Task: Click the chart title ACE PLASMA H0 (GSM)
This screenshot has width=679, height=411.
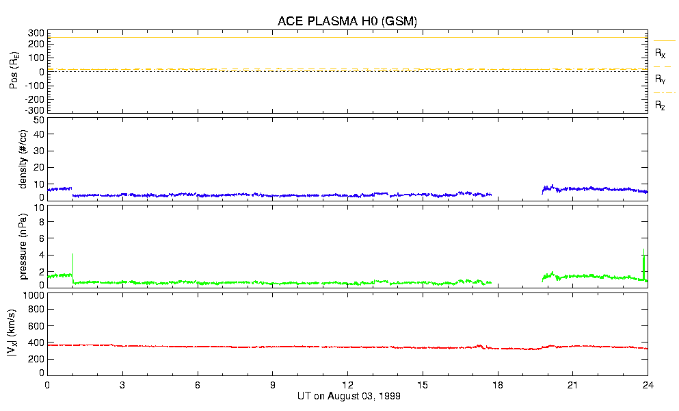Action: pyautogui.click(x=347, y=21)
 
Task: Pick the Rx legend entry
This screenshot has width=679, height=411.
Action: pyautogui.click(x=660, y=53)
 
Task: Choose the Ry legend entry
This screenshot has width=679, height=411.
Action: pyautogui.click(x=660, y=79)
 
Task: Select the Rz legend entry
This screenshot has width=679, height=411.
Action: pyautogui.click(x=660, y=105)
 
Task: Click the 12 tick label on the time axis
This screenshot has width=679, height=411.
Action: pyautogui.click(x=347, y=385)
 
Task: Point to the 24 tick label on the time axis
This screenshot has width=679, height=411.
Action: pyautogui.click(x=648, y=385)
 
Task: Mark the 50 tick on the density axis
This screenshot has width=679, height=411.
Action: pyautogui.click(x=38, y=120)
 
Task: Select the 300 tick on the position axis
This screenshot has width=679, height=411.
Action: pyautogui.click(x=36, y=33)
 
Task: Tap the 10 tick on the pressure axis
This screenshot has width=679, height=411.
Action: pyautogui.click(x=38, y=222)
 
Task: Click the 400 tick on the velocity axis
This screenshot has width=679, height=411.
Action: pyautogui.click(x=36, y=342)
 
